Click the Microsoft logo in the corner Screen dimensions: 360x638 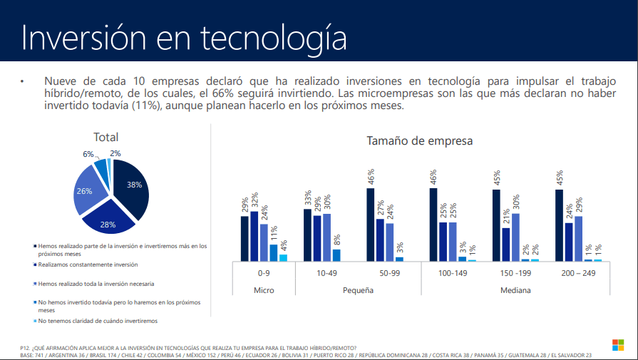tap(618, 344)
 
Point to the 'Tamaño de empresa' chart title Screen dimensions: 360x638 tap(419, 141)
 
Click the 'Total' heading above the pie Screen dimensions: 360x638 tap(106, 137)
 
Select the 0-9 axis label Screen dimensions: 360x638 tap(264, 273)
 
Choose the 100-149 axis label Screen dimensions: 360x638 tap(452, 273)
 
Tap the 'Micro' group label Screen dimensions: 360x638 tap(264, 290)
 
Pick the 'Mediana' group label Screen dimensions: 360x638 tap(515, 290)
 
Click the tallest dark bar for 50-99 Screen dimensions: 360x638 tap(371, 225)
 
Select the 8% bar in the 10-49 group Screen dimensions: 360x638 tap(336, 254)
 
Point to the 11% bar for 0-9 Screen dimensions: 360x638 tap(273, 252)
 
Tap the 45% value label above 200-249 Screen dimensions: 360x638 tap(560, 178)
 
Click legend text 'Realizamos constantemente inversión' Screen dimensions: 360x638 tap(88, 264)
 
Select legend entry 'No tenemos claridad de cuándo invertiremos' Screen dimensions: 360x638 tap(98, 321)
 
